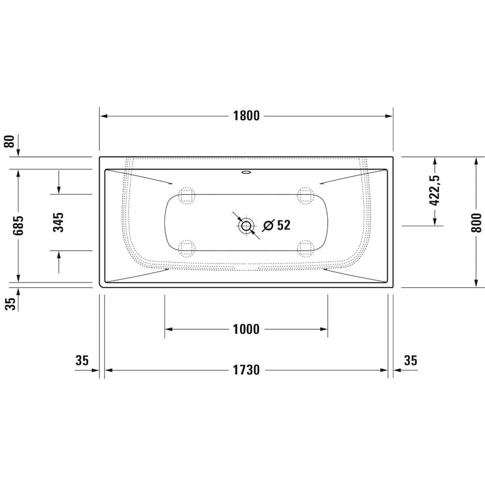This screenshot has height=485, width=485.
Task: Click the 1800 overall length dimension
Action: pyautogui.click(x=246, y=116)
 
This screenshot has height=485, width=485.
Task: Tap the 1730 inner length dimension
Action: pyautogui.click(x=246, y=370)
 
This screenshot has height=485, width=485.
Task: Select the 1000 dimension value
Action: pyautogui.click(x=246, y=329)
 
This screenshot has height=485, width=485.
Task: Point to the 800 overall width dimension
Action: pyautogui.click(x=477, y=222)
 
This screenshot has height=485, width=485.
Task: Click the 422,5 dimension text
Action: pyautogui.click(x=435, y=190)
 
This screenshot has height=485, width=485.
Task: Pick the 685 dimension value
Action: pyautogui.click(x=18, y=225)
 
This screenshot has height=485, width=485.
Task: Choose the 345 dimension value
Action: pyautogui.click(x=58, y=222)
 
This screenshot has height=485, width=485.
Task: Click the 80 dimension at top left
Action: pyautogui.click(x=9, y=141)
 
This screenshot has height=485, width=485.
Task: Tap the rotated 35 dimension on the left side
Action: pyautogui.click(x=10, y=304)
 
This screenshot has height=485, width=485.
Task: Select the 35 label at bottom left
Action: pyautogui.click(x=82, y=360)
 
